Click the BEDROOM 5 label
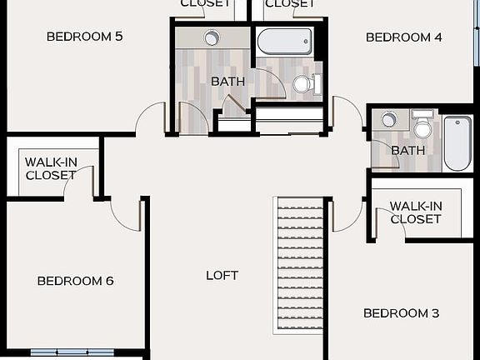84,37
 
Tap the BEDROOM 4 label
403,37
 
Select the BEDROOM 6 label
75,281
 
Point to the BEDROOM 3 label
401,313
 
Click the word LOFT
222,275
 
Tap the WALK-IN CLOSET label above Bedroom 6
50,168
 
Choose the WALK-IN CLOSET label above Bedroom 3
415,212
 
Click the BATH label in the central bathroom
227,82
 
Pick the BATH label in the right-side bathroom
407,150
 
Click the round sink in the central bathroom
212,37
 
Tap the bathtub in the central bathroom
284,41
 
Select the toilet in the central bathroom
304,83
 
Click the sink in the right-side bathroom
389,120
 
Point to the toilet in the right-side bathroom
422,125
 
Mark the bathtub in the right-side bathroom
457,142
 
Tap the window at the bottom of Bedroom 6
72,352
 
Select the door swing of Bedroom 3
345,215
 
